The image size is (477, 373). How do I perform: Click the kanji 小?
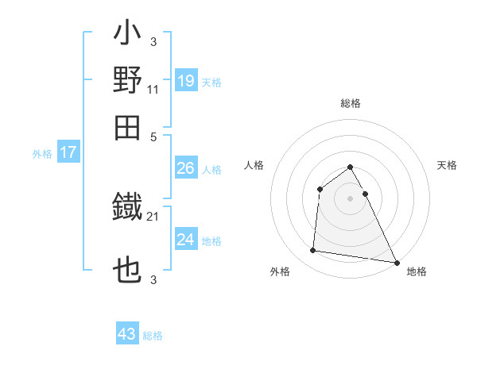pos(128,36)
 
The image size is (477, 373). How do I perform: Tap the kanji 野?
pos(128,81)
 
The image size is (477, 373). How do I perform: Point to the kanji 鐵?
pos(128,208)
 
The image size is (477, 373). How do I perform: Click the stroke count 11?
pos(153,89)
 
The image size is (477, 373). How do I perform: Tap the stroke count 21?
pos(153,215)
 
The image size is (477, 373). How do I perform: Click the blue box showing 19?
pos(185,82)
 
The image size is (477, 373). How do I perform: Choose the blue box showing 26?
pos(185,168)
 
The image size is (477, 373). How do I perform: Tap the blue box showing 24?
pos(185,240)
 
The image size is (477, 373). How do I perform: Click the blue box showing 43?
pos(127,334)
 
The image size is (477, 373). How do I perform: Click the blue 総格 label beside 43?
pos(153,336)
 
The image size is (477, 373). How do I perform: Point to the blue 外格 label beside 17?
pos(42,154)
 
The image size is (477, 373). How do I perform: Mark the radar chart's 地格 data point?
pos(396,263)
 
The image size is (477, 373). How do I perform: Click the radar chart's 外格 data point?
pos(313,251)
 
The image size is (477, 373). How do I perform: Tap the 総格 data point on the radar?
pos(350,167)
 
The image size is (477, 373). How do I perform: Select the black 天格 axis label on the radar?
pos(448,165)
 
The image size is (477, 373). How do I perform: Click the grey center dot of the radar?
pos(350,198)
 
